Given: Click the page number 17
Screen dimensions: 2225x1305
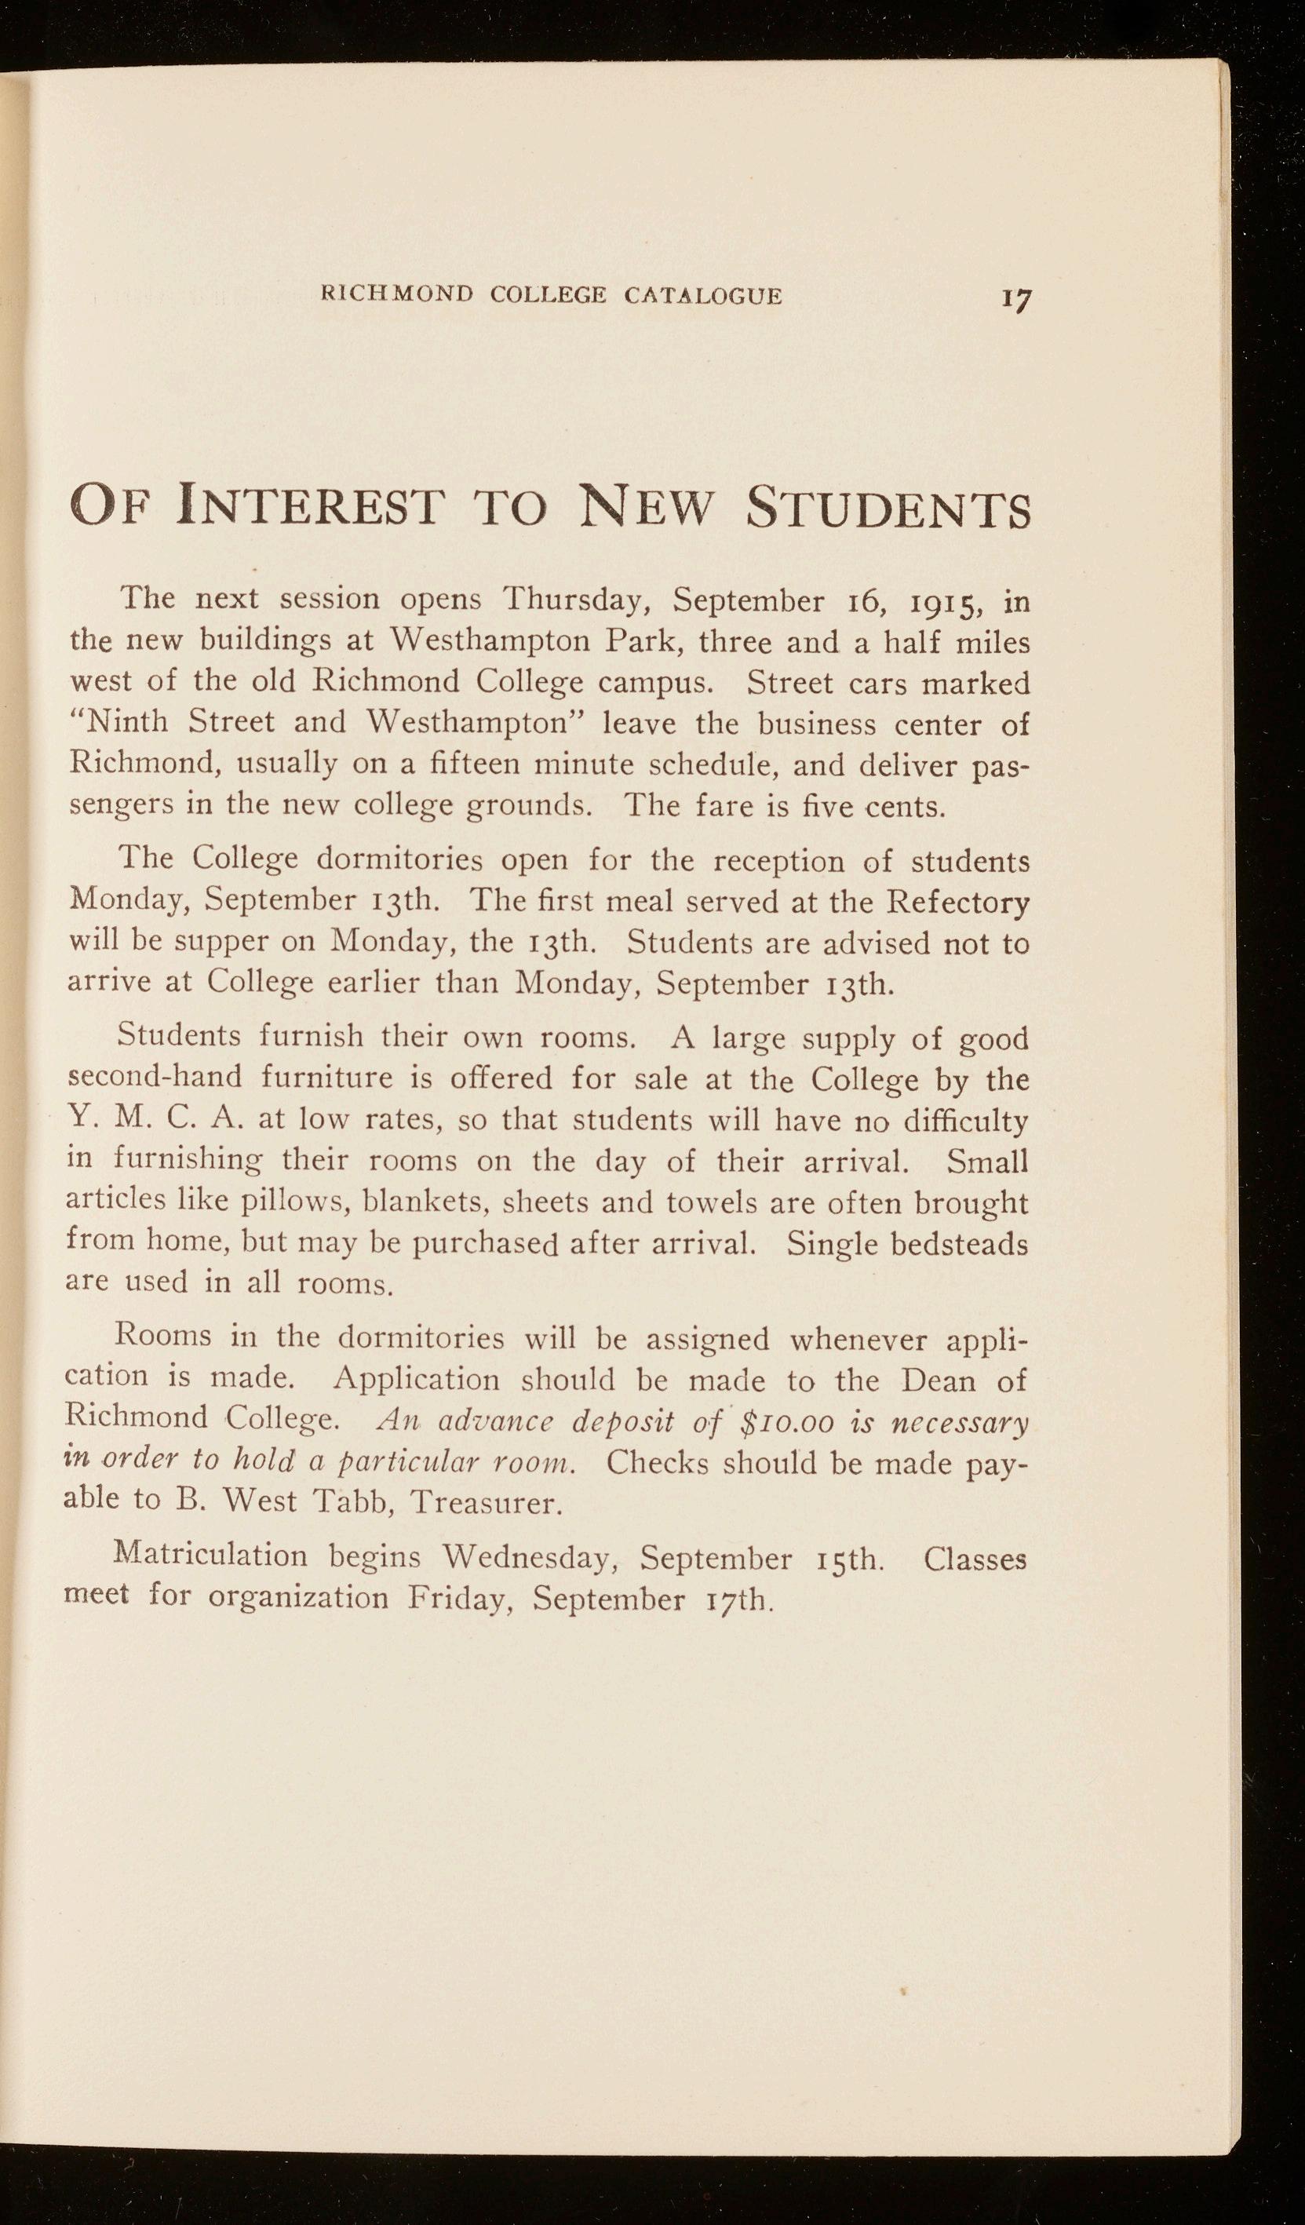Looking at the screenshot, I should click(1016, 299).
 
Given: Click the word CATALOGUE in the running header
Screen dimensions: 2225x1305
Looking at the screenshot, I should click(703, 295).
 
